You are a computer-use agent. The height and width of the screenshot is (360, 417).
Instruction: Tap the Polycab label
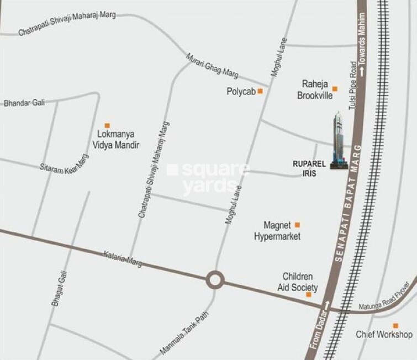[x=241, y=92]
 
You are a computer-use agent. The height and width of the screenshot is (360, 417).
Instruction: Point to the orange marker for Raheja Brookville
[x=335, y=87]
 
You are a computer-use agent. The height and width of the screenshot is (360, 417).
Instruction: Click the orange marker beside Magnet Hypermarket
[x=297, y=224]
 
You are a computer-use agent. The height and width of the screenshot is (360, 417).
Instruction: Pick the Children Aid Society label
[x=298, y=282]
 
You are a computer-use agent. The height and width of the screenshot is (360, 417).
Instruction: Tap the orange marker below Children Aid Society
[x=309, y=295]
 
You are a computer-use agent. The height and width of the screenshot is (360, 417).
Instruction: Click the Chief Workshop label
[x=384, y=335]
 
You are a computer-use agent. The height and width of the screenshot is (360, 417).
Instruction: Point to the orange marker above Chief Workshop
[x=395, y=325]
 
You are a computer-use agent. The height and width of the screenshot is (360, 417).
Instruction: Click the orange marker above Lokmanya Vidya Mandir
[x=108, y=125]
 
